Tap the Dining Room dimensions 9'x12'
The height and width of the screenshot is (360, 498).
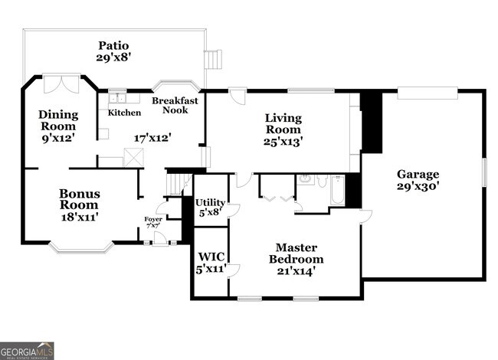pyautogui.click(x=58, y=139)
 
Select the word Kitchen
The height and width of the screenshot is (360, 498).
pyautogui.click(x=124, y=113)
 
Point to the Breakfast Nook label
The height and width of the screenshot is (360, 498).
pyautogui.click(x=175, y=106)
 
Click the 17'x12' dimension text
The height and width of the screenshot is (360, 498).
pyautogui.click(x=152, y=138)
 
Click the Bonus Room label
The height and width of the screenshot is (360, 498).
pyautogui.click(x=79, y=199)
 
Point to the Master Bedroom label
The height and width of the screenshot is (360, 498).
pyautogui.click(x=295, y=254)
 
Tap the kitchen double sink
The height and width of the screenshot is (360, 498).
pyautogui.click(x=117, y=98)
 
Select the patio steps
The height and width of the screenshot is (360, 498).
pyautogui.click(x=212, y=60)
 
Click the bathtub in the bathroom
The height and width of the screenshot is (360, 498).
pyautogui.click(x=337, y=190)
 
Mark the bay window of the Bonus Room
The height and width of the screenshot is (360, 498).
pyautogui.click(x=80, y=247)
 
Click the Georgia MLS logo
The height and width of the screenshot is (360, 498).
pyautogui.click(x=27, y=351)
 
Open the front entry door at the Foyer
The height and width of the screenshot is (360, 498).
pyautogui.click(x=159, y=238)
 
